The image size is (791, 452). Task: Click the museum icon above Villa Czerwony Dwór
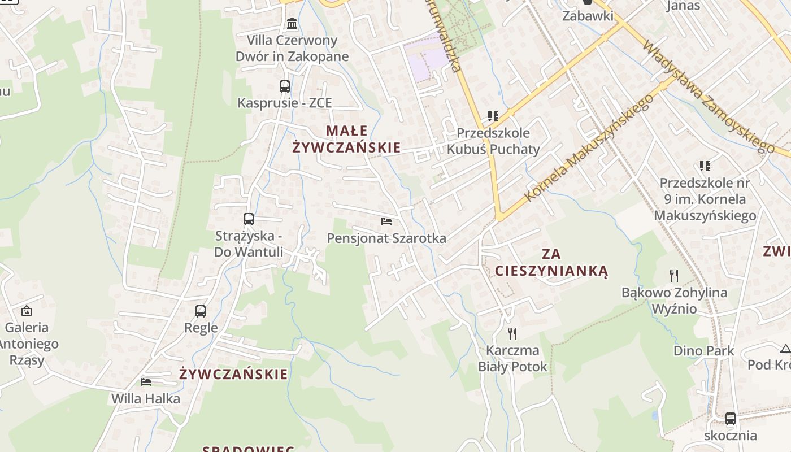(292, 24)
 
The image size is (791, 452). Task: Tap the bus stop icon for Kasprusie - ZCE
(285, 86)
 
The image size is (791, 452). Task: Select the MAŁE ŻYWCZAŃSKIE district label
(346, 139)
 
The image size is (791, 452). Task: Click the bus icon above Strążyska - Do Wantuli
(249, 219)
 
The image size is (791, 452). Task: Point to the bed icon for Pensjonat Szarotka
(386, 221)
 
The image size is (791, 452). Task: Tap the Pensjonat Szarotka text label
(386, 238)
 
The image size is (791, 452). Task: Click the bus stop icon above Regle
(201, 311)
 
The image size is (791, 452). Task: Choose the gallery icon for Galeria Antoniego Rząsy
(27, 311)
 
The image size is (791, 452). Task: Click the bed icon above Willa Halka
(146, 382)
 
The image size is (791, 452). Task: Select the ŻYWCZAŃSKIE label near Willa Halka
(233, 374)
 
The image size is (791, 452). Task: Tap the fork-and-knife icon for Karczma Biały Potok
(512, 334)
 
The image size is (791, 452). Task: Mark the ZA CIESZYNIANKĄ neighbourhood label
(551, 262)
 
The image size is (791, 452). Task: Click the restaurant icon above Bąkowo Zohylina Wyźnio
(674, 276)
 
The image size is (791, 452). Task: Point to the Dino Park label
(703, 351)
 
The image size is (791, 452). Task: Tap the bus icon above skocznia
(731, 419)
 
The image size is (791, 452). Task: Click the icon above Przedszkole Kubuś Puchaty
(493, 117)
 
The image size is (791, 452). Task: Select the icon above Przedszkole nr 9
(705, 166)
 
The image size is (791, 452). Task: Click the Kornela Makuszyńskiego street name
(589, 148)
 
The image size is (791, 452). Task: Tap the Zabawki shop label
(588, 16)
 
